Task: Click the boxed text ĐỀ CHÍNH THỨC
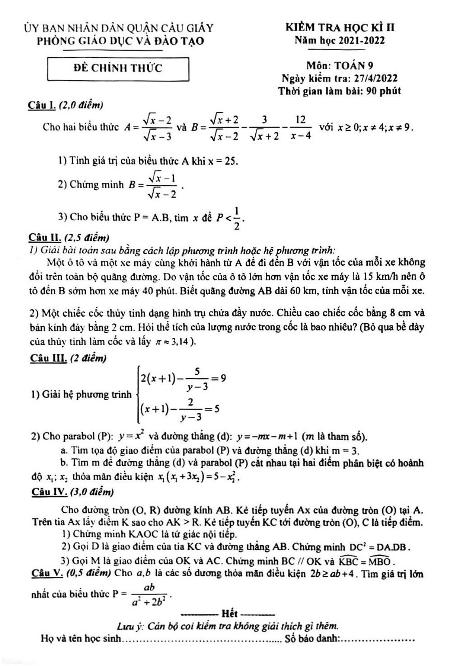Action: click(118, 68)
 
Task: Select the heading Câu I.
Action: click(42, 105)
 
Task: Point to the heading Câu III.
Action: click(48, 358)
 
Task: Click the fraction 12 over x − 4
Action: click(300, 127)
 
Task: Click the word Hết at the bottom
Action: click(230, 614)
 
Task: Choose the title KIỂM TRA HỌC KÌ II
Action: click(340, 28)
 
